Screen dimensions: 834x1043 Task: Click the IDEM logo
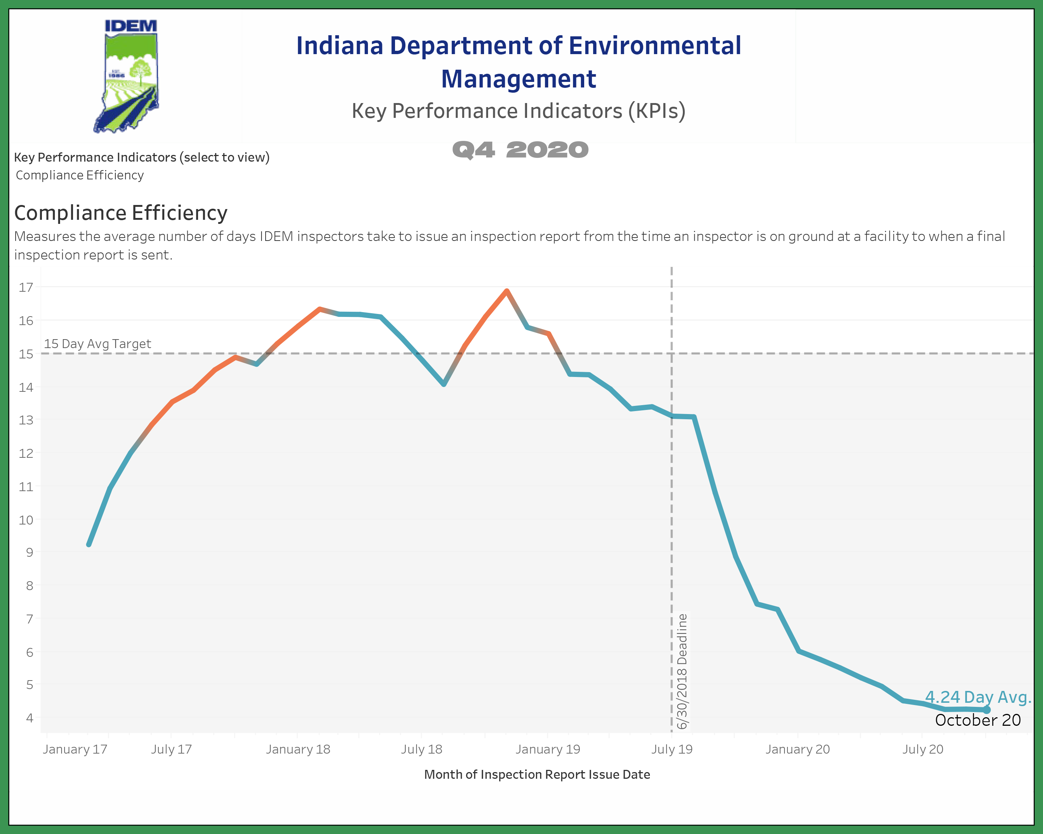(x=127, y=76)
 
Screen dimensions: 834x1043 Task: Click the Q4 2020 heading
(x=520, y=150)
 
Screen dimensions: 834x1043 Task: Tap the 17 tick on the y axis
(x=26, y=287)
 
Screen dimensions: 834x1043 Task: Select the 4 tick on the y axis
(x=30, y=718)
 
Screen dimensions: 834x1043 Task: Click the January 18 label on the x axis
(x=297, y=749)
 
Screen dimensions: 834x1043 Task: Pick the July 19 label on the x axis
(x=671, y=749)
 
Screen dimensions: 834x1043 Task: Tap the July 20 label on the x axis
(x=922, y=749)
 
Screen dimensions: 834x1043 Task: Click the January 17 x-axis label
(x=75, y=749)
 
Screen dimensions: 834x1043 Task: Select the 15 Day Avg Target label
(x=97, y=344)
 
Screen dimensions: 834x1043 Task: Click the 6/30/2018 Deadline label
(x=682, y=671)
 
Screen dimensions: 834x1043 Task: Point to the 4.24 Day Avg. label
(x=978, y=697)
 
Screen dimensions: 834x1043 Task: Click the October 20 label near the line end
(x=978, y=720)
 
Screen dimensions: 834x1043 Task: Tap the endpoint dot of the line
(x=986, y=710)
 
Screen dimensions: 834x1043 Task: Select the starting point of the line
(x=89, y=545)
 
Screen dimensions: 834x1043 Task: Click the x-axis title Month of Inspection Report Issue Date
(x=537, y=775)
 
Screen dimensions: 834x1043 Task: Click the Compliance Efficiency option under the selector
(x=80, y=175)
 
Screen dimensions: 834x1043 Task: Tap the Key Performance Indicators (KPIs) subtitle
(x=519, y=111)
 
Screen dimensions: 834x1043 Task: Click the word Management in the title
(x=519, y=79)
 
